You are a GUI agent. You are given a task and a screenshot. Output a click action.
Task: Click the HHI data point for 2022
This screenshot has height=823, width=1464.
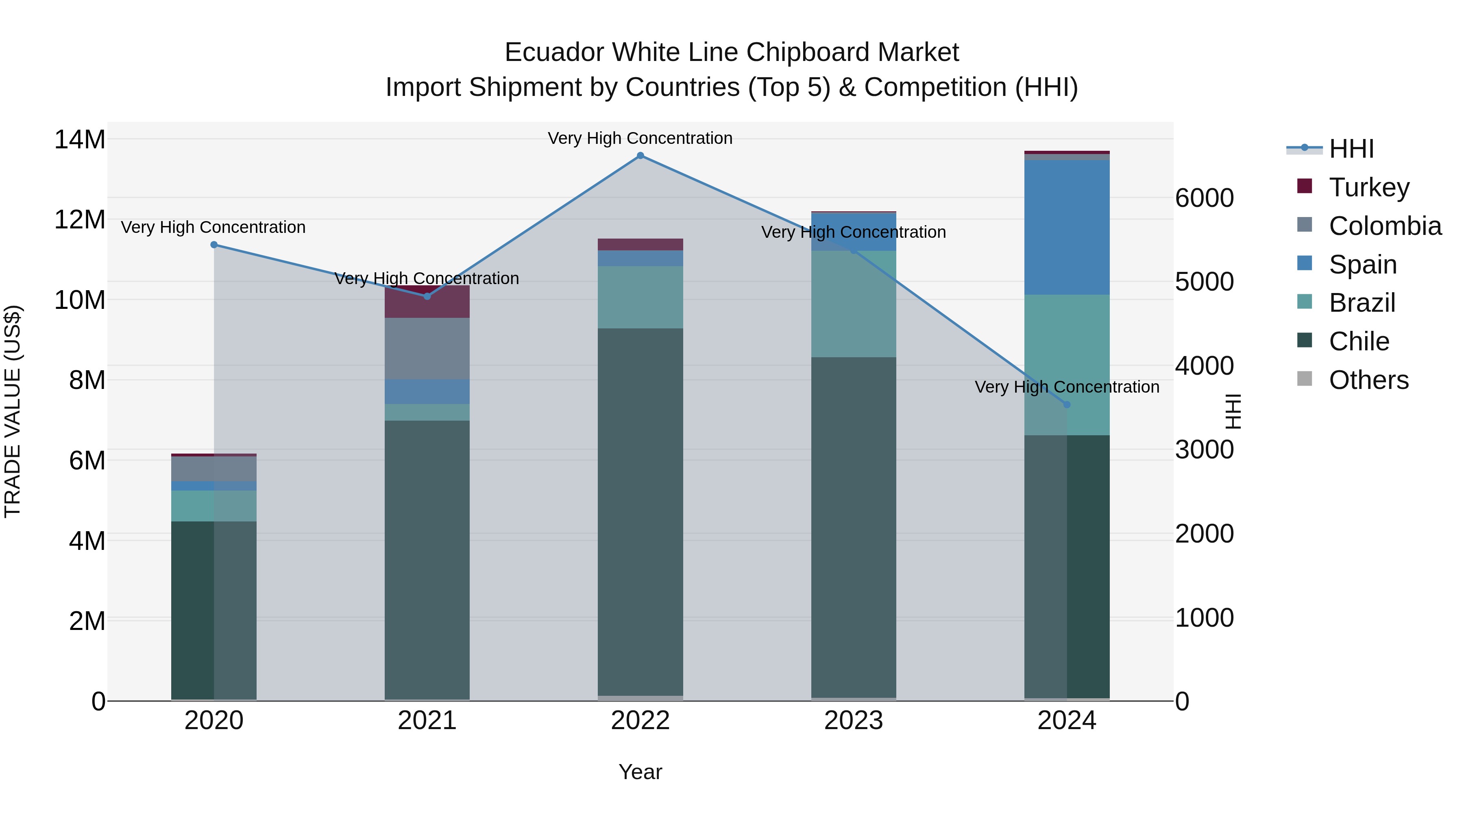(640, 156)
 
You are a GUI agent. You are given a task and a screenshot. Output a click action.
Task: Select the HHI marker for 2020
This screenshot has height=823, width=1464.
(213, 245)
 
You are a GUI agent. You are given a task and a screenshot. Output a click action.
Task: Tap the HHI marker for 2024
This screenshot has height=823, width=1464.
(1066, 404)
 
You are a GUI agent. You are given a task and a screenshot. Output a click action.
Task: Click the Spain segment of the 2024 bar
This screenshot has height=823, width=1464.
(1066, 227)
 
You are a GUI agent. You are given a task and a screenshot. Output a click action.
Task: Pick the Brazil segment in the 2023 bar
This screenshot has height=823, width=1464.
(853, 304)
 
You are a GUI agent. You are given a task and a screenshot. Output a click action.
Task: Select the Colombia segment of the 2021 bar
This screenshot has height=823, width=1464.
(427, 348)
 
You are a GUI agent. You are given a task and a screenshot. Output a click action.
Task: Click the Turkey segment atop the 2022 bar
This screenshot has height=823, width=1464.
(640, 244)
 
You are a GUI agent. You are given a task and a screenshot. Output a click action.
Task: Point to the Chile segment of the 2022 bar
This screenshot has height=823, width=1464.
(640, 511)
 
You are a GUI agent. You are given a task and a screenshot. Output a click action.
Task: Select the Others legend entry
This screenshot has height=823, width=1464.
(1368, 380)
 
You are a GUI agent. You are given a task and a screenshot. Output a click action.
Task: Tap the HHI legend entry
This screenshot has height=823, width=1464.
(1351, 149)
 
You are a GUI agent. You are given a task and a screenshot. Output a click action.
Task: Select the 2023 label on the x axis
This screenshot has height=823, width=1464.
(853, 721)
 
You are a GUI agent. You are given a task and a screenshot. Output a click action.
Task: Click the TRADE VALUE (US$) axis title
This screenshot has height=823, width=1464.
(13, 411)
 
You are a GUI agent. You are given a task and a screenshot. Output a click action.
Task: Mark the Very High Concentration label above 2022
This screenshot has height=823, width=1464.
(640, 138)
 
